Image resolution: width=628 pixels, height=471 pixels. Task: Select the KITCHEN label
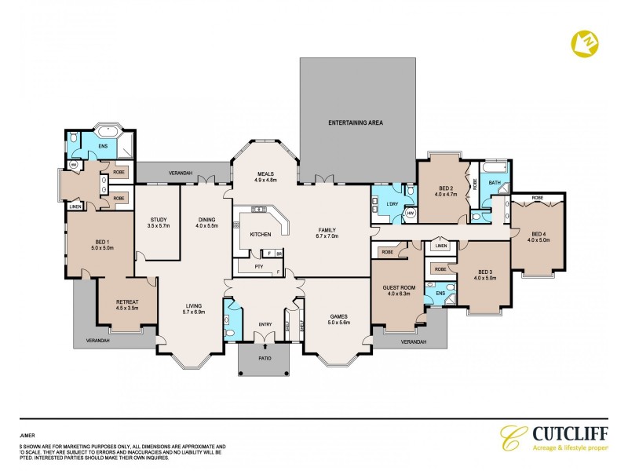[260, 235]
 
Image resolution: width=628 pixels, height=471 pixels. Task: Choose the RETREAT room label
[126, 301]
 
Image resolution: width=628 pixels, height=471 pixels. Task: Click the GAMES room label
[338, 316]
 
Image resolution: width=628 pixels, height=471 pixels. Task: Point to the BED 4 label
[538, 233]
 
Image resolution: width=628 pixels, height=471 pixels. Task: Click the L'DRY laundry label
[393, 204]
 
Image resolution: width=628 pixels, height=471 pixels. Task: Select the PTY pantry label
[259, 267]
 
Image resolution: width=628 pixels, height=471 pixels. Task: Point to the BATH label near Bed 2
[494, 183]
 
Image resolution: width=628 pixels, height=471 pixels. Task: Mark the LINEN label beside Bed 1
[75, 206]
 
